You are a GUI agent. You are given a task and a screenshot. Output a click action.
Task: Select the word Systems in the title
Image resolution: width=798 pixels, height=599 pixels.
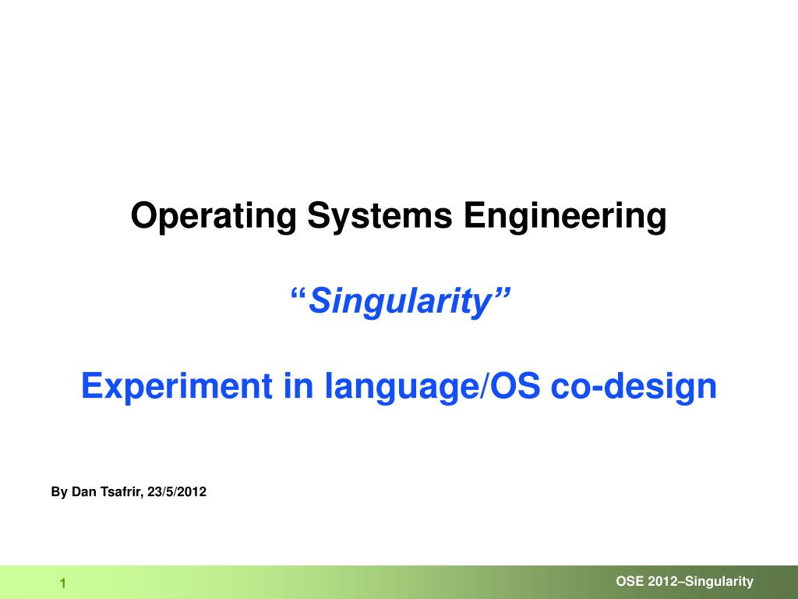pos(380,215)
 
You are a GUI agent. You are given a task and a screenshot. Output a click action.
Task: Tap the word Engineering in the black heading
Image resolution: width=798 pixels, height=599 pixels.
pos(565,216)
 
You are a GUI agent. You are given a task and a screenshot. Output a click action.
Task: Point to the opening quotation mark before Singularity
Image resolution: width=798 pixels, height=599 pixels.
pos(298,293)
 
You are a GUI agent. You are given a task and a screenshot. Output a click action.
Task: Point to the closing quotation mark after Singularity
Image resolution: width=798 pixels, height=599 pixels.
pos(501,293)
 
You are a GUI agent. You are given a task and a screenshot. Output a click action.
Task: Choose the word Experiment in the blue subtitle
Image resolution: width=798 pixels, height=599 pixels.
pos(177,386)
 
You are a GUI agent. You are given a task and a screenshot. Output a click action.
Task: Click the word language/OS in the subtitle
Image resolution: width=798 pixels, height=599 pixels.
pos(432,387)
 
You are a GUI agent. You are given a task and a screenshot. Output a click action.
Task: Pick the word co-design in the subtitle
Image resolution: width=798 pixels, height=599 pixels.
pos(634,387)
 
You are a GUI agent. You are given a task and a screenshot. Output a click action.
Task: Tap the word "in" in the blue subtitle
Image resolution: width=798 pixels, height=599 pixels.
pos(298,385)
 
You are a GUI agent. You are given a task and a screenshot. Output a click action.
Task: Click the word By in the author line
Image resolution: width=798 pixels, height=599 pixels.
pos(59,492)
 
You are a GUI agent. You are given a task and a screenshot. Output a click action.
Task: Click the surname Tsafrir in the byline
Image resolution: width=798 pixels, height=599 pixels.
pos(122,492)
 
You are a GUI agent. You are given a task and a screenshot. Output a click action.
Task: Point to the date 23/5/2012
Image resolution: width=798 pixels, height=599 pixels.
pos(177,492)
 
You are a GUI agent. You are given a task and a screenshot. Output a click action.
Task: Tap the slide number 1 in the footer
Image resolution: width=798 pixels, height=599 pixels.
pos(63,583)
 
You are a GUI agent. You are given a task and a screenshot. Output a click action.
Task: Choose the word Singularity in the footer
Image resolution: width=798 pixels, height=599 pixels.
pos(719,582)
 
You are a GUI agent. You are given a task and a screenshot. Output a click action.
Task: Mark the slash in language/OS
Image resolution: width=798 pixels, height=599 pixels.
pos(480,386)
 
